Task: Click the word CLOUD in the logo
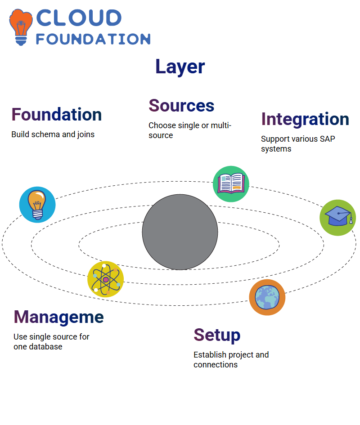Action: [x=79, y=18]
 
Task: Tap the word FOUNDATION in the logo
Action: [x=93, y=39]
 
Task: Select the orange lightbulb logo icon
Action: [x=21, y=27]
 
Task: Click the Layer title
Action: [x=180, y=67]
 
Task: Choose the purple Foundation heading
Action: [x=56, y=114]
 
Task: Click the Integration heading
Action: [x=305, y=120]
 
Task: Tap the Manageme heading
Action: [x=58, y=317]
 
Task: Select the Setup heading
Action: [x=217, y=336]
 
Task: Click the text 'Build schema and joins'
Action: [x=53, y=134]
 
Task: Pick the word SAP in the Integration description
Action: [x=328, y=139]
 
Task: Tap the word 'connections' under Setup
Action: [x=216, y=365]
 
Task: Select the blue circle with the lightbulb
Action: [x=37, y=205]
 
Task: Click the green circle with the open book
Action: [x=231, y=184]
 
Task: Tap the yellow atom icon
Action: [x=106, y=279]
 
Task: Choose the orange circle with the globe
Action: [x=267, y=297]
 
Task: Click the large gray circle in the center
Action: [x=180, y=232]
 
